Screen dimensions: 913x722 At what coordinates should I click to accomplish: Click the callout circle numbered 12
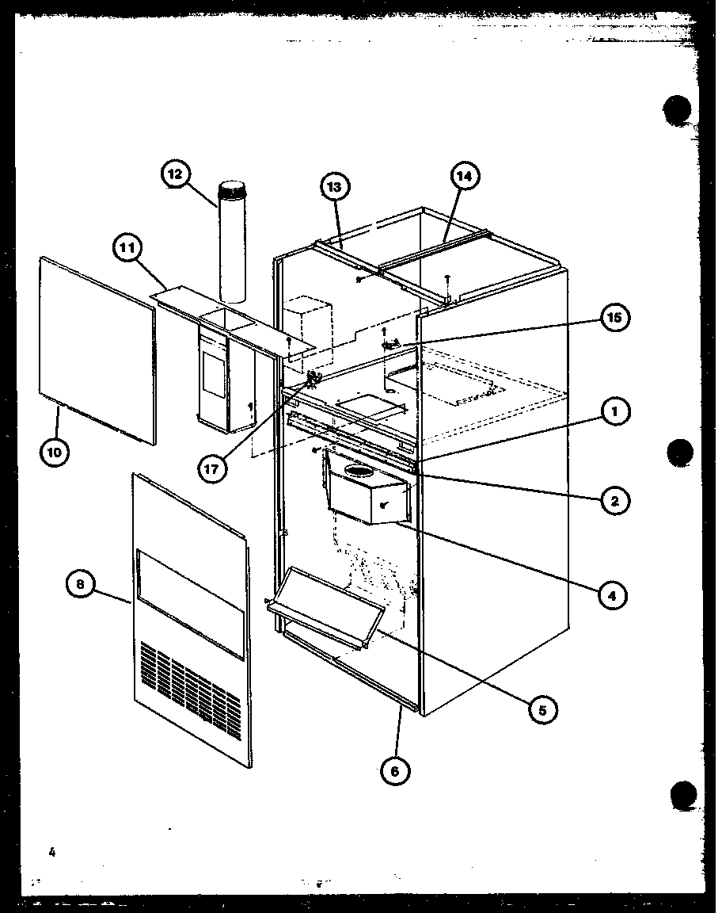point(176,175)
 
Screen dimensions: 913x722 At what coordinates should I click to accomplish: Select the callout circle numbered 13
point(335,188)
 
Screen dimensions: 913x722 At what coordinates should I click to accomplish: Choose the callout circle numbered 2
point(614,500)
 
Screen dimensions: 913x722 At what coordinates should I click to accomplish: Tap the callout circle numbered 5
point(542,709)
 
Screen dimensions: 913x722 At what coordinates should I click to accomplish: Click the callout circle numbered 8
point(81,586)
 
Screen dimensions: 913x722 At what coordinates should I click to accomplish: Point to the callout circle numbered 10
point(54,452)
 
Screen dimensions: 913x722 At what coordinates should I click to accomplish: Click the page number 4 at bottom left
point(51,852)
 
